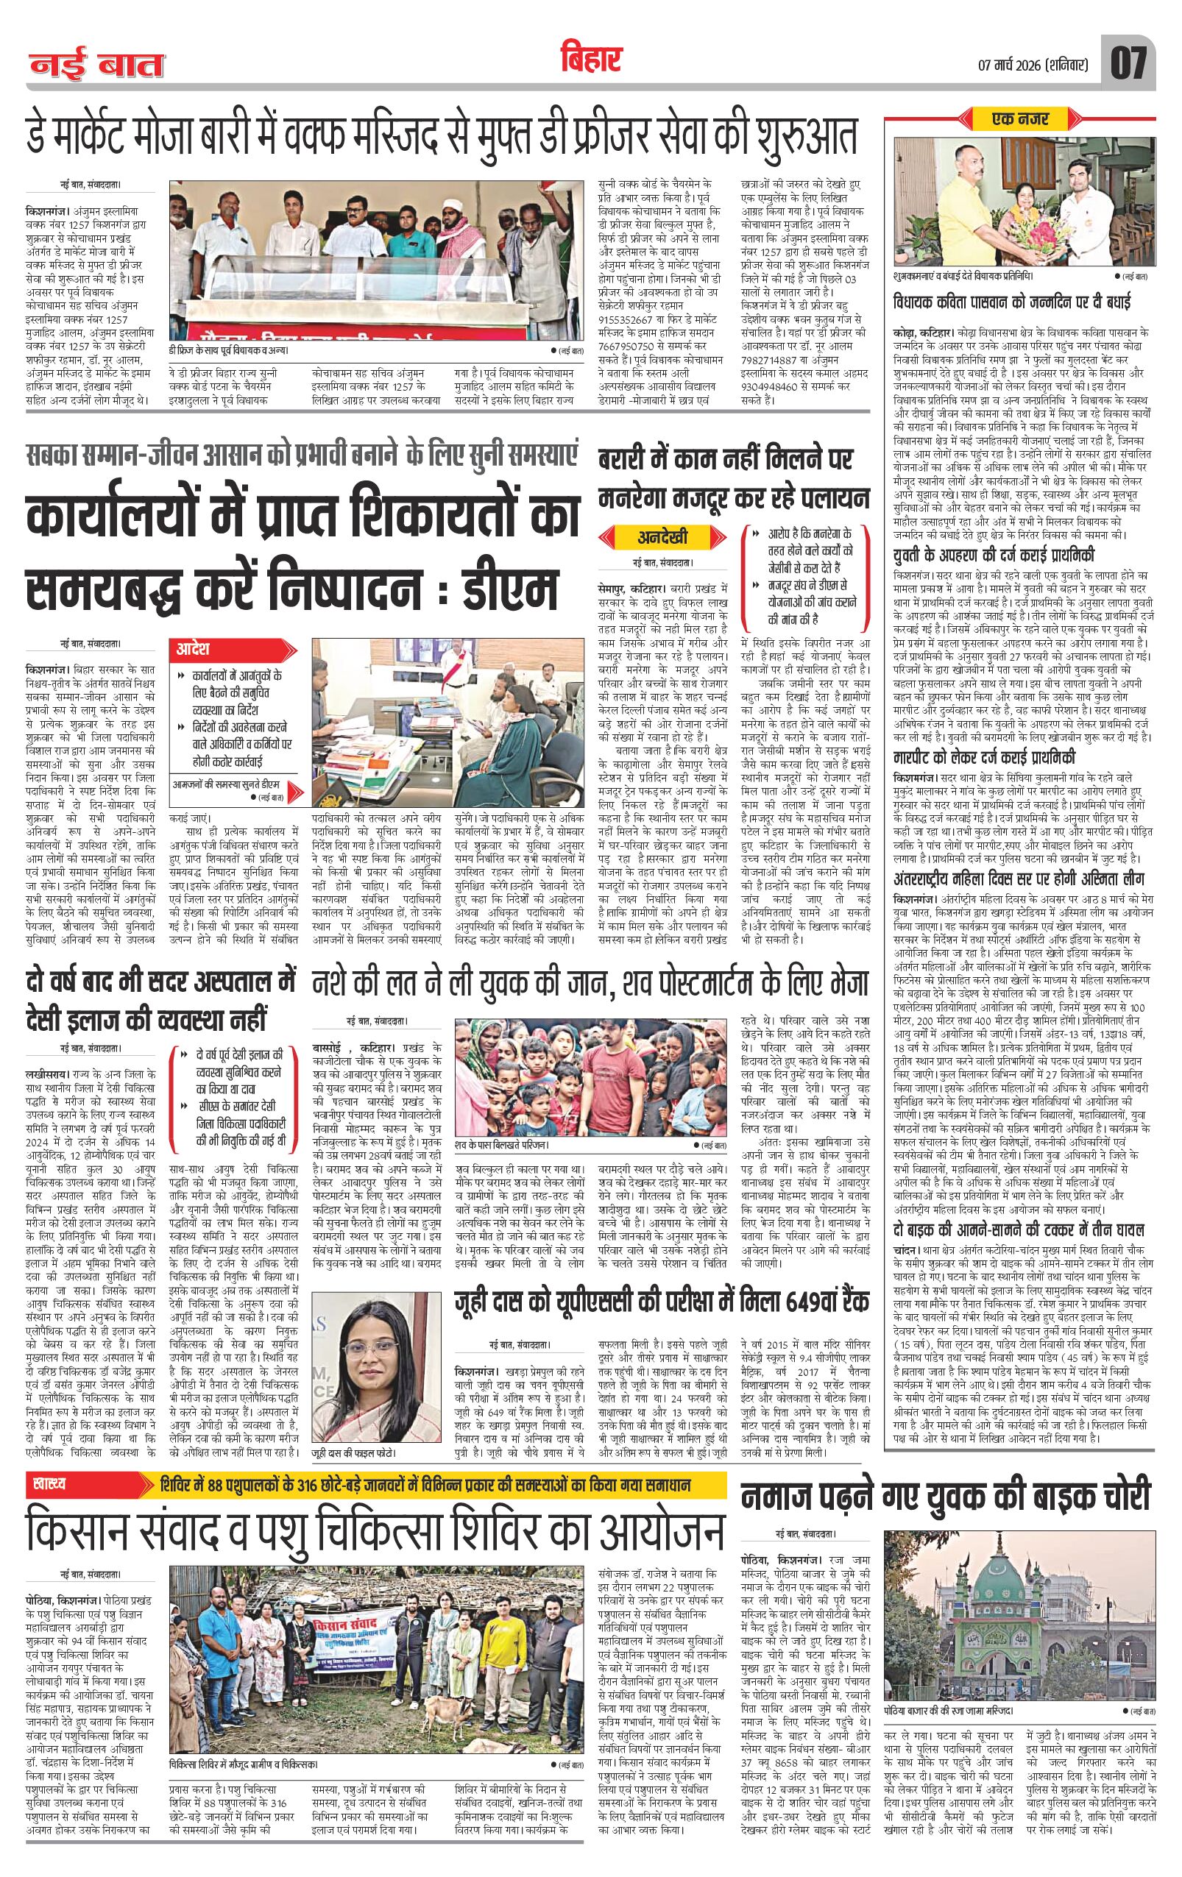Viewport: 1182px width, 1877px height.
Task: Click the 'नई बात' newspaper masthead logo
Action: click(x=97, y=66)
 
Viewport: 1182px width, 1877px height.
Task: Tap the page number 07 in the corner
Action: click(x=1129, y=63)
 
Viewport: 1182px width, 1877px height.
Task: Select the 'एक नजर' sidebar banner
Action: click(x=1021, y=119)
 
